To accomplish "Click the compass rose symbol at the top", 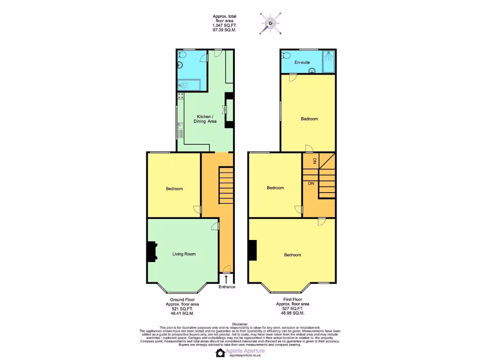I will point(270,23).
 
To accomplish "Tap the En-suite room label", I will point(302,62).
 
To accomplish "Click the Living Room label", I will point(184,254).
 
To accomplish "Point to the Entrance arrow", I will point(227,279).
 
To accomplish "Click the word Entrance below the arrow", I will point(227,287).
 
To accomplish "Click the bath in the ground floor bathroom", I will point(189,85).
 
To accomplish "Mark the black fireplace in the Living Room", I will point(152,252).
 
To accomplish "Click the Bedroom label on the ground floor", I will point(174,189).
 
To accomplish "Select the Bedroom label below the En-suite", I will point(309,119).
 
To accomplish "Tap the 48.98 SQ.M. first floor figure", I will point(292,313).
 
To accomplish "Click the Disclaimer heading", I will point(240,323).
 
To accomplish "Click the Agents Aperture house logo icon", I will point(221,353).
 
